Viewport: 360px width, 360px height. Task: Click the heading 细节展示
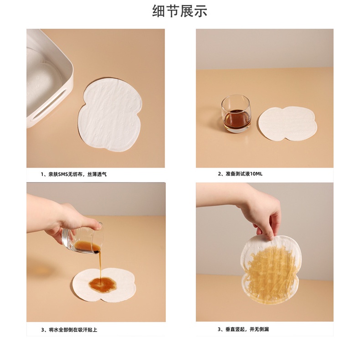[x=180, y=11]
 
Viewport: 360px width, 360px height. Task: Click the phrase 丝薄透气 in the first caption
[x=97, y=174]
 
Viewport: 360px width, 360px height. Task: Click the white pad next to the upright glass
[x=287, y=123]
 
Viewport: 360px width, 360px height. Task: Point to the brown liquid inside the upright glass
[x=237, y=119]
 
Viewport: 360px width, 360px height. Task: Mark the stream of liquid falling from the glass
[x=97, y=264]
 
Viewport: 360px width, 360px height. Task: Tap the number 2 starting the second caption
[x=219, y=174]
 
